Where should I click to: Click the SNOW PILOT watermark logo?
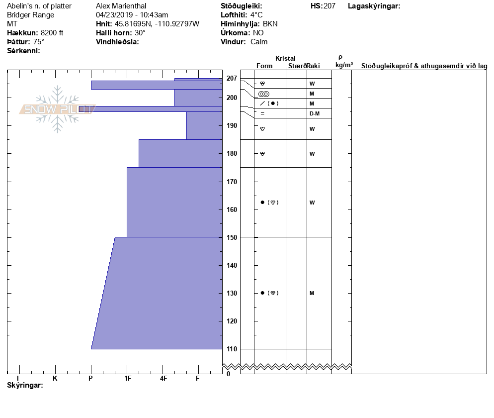point(57,109)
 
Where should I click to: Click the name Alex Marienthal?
point(121,6)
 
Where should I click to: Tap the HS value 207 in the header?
point(329,6)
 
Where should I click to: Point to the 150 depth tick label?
point(232,237)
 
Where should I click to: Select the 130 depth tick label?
point(232,293)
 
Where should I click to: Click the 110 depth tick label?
point(232,349)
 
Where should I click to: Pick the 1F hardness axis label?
point(127,379)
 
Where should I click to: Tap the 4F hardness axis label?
point(163,379)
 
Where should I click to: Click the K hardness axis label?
point(55,379)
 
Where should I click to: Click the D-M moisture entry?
point(314,114)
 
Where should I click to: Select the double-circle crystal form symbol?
point(264,94)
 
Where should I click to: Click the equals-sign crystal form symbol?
point(262,114)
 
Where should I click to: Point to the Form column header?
point(264,66)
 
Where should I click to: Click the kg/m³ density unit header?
point(344,65)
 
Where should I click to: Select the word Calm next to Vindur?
point(259,42)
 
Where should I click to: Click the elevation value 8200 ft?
point(52,33)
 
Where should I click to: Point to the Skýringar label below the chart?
point(25,386)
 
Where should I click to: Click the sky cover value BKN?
point(270,24)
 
